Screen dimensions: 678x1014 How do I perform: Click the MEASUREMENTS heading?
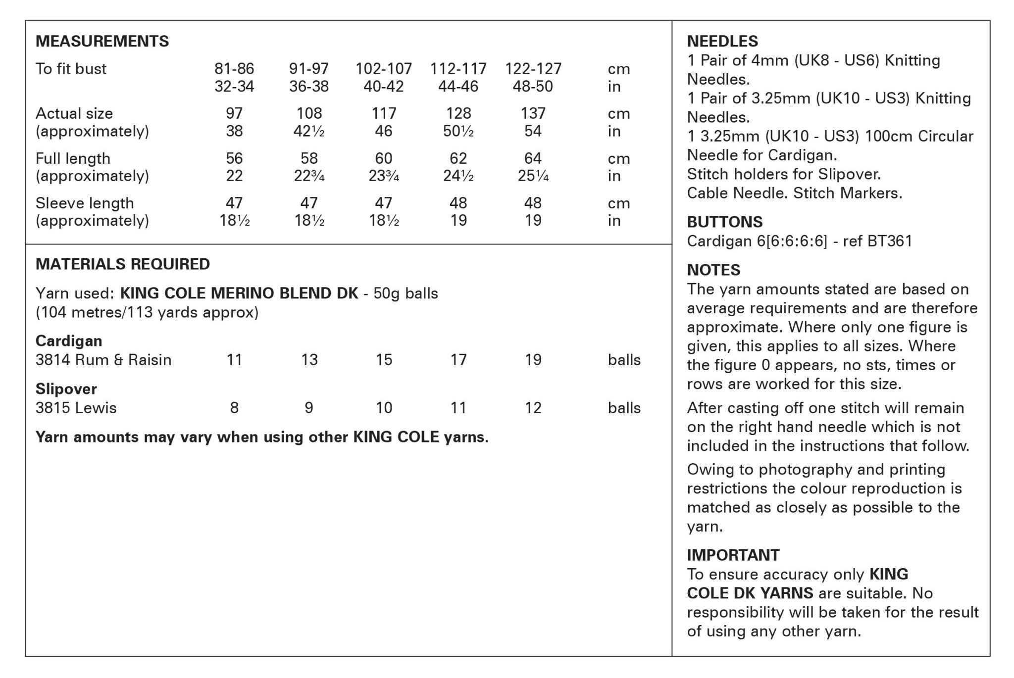tap(102, 41)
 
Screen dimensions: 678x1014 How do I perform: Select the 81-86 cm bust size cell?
tap(234, 68)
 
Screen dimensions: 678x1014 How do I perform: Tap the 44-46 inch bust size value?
tap(458, 87)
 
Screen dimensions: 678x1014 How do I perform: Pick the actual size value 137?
tap(533, 113)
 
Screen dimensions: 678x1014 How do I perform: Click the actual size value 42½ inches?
tap(309, 131)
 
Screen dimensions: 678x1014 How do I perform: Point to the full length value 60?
tap(384, 158)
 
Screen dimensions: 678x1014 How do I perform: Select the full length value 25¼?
tap(533, 176)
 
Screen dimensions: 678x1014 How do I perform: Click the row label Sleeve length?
tap(85, 203)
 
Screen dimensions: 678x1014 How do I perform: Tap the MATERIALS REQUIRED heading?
tap(123, 264)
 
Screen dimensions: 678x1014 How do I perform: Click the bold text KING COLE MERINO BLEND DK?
tap(239, 293)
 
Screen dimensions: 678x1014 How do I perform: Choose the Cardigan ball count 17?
tap(458, 360)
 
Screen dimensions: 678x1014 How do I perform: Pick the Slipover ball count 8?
tap(234, 408)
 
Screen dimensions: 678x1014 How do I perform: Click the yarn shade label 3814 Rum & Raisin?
tap(103, 360)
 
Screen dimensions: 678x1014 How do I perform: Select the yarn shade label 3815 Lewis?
tap(76, 408)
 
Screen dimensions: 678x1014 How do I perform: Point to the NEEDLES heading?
tap(722, 41)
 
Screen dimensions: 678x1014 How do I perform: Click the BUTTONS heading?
tap(724, 222)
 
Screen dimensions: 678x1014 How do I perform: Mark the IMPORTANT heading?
tap(733, 555)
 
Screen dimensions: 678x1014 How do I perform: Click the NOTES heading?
tap(713, 270)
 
